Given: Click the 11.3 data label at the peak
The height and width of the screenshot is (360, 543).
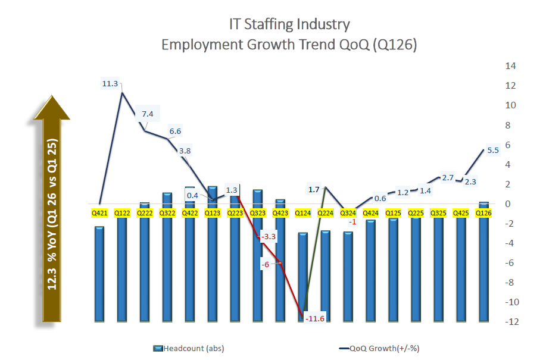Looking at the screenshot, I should (110, 84).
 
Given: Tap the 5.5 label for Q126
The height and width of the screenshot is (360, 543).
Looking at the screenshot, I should (493, 151).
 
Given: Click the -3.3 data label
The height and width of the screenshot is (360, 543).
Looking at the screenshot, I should (269, 237).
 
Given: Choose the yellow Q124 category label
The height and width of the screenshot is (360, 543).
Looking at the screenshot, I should (304, 212).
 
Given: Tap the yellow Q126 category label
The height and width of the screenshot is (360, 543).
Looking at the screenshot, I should (483, 212).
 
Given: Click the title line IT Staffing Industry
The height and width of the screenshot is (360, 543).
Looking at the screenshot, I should (289, 24).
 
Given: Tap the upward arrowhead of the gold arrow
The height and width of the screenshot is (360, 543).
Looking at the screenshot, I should (52, 108).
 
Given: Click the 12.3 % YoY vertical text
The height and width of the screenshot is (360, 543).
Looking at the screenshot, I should (52, 220).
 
